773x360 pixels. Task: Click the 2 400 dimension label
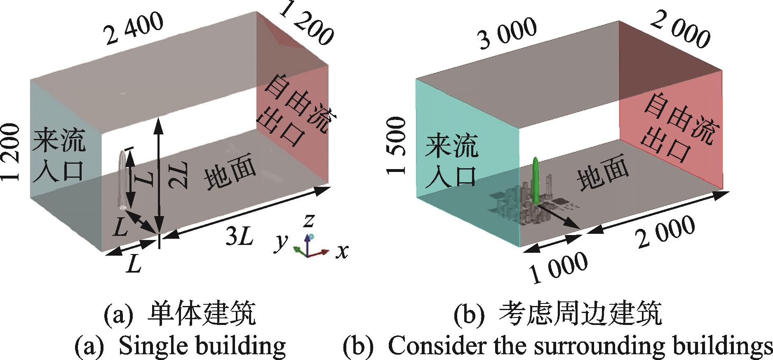click(x=135, y=30)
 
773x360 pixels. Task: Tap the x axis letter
click(x=341, y=250)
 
